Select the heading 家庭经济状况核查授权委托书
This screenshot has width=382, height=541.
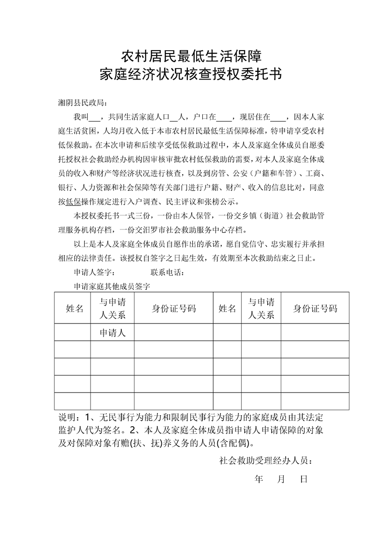pos(191,75)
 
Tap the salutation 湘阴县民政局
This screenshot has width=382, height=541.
pos(81,103)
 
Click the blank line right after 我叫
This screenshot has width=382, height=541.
pos(95,118)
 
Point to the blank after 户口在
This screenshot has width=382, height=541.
pos(224,118)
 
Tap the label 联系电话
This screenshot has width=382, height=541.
pos(167,272)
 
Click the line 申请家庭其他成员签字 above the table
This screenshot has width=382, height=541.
pos(112,286)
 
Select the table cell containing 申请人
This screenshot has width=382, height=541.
pos(112,332)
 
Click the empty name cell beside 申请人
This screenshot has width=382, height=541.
pos(73,332)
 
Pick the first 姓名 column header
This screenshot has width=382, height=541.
pos(75,309)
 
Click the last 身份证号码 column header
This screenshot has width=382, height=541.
pos(315,309)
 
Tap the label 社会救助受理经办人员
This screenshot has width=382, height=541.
pos(265,460)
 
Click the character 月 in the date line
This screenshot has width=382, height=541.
pos(283,480)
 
